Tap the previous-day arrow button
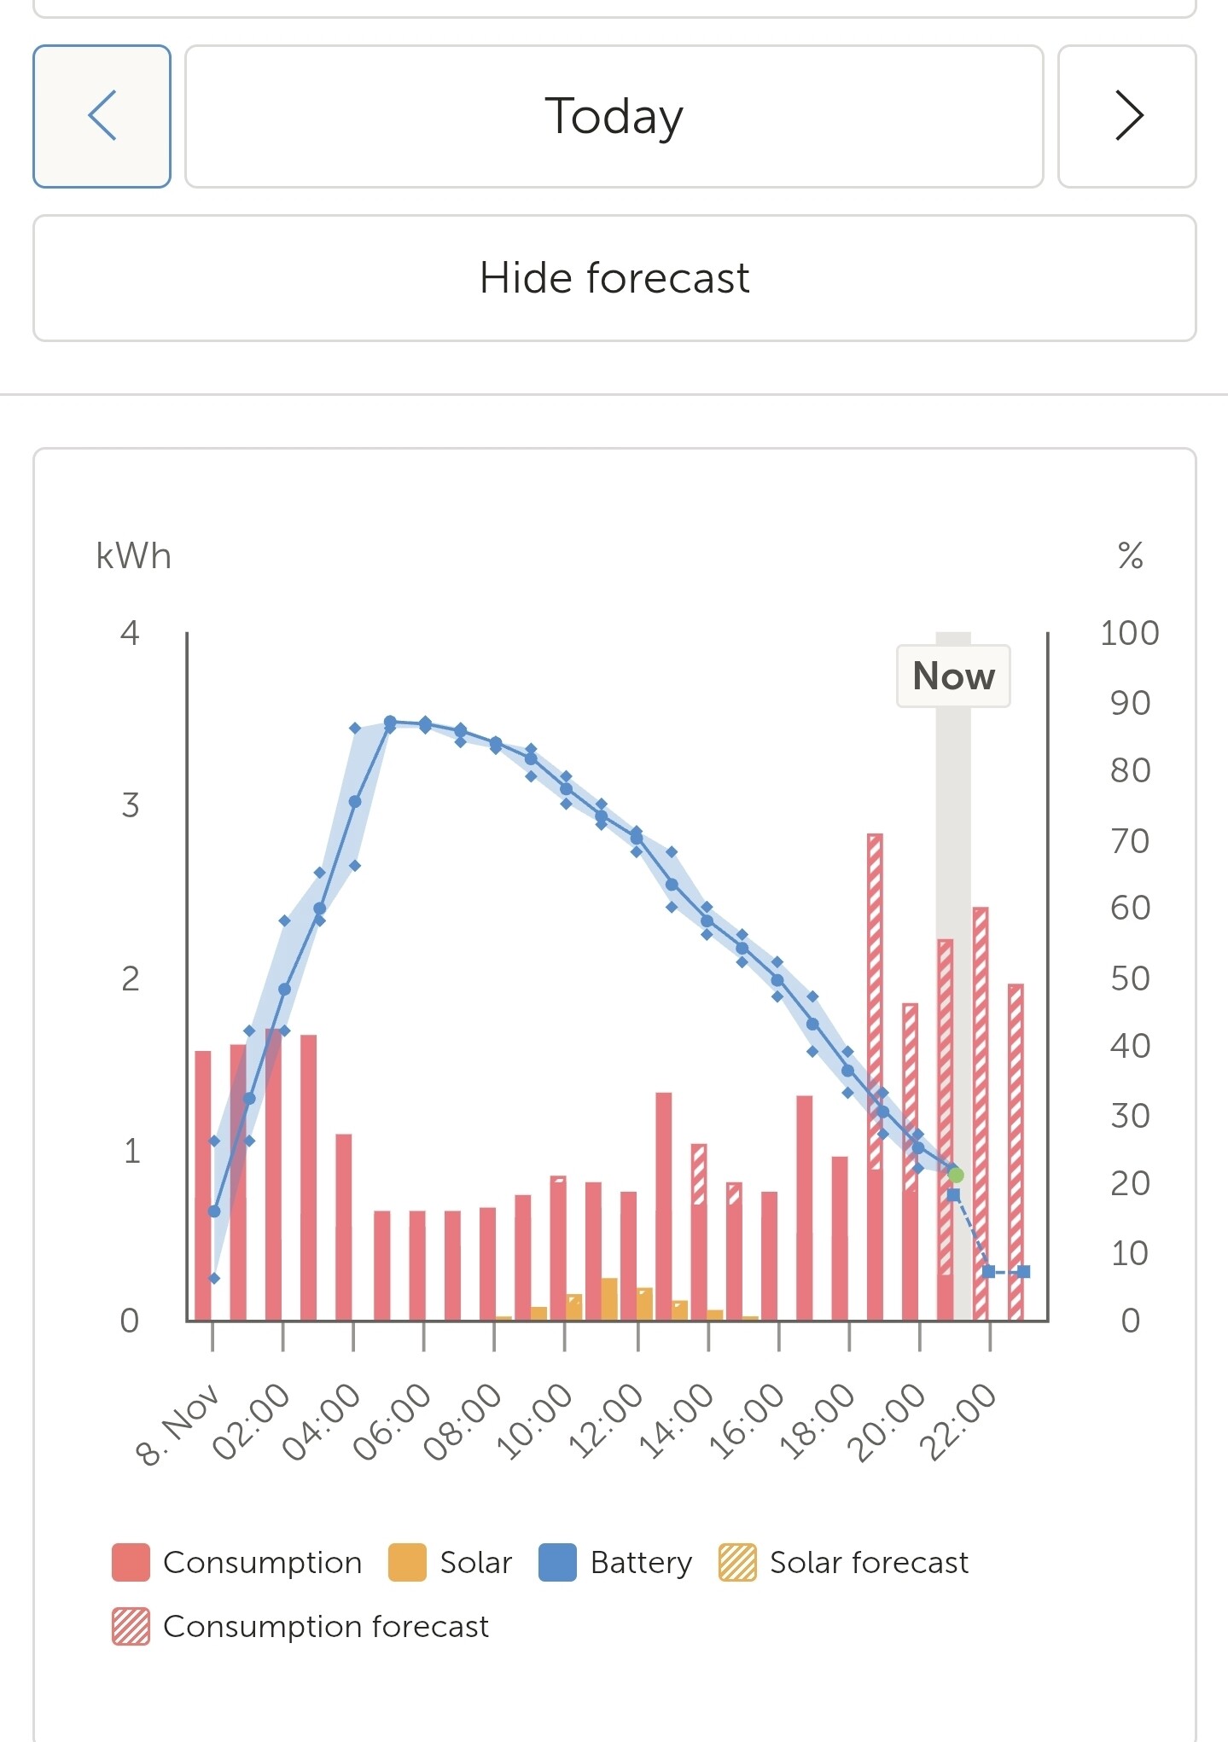(x=102, y=116)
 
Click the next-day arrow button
(x=1127, y=116)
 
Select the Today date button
(x=614, y=116)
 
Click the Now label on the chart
(x=953, y=676)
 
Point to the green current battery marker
(x=956, y=1175)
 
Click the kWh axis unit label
(x=133, y=556)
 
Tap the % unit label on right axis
(x=1130, y=556)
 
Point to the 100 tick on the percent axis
(x=1129, y=633)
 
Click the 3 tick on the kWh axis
(x=130, y=805)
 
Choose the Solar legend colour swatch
(x=407, y=1563)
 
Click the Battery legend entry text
(x=641, y=1563)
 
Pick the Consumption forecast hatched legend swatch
(x=131, y=1627)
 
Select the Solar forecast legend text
(x=869, y=1563)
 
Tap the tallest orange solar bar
(x=609, y=1298)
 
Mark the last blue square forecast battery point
(x=1024, y=1271)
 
